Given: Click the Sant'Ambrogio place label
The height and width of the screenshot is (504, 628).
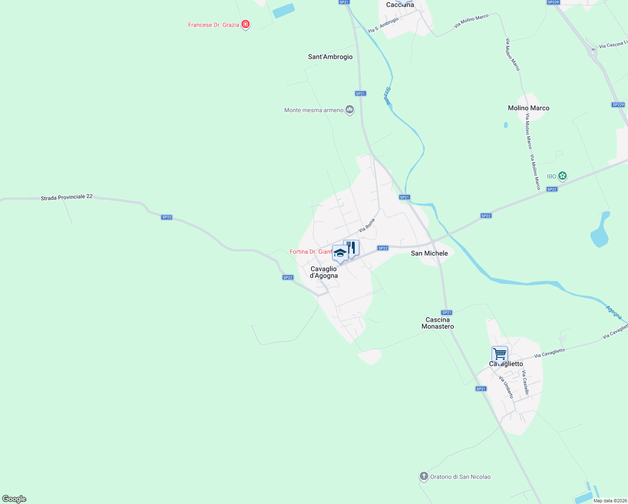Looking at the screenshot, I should click(330, 57).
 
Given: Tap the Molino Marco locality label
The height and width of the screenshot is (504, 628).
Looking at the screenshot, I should click(529, 108).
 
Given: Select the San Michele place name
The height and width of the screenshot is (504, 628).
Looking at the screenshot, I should click(429, 253).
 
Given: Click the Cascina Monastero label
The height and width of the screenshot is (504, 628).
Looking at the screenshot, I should click(437, 323).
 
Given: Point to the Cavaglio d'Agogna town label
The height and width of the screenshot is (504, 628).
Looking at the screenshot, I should click(324, 272).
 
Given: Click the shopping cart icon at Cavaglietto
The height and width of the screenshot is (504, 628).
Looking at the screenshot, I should click(500, 354).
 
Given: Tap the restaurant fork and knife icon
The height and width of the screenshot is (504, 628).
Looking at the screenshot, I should click(351, 247).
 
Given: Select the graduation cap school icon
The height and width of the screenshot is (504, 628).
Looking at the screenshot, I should click(340, 253).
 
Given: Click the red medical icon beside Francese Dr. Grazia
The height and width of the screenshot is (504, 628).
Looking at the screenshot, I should click(246, 25).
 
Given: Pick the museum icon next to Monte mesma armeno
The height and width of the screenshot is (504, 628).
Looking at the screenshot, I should click(350, 110).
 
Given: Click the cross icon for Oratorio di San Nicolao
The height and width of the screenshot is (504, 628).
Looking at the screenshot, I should click(424, 476).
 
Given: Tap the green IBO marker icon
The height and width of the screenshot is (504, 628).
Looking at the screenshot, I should click(563, 176).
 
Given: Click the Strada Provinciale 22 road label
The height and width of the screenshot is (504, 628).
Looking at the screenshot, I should click(66, 197).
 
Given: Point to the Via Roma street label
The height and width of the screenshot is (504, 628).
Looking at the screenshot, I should click(366, 225).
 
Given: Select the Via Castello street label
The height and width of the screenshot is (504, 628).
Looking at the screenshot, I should click(525, 383).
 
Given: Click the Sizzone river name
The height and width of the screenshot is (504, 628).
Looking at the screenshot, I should click(388, 96).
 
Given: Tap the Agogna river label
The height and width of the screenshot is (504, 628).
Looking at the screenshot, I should click(614, 312).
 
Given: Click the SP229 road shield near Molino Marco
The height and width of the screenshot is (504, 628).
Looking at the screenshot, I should click(618, 105).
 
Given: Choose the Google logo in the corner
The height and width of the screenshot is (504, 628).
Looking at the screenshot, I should click(14, 499).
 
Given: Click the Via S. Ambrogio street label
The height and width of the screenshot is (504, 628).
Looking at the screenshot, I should click(383, 25).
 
